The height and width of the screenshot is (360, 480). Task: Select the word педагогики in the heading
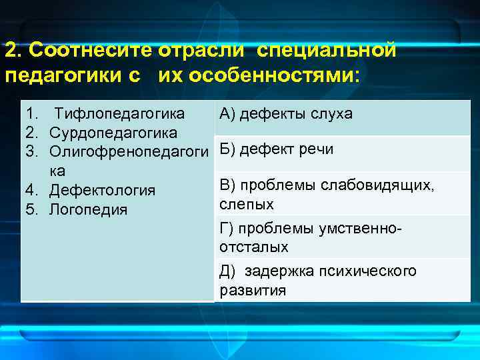click(64, 74)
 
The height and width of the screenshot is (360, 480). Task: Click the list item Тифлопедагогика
click(120, 113)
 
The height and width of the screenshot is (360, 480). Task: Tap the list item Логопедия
click(88, 210)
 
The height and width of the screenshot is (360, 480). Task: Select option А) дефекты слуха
click(285, 114)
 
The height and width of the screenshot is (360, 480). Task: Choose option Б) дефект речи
click(276, 149)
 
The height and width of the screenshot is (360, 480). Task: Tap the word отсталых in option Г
click(254, 247)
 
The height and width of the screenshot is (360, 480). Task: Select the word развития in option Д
click(253, 291)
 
